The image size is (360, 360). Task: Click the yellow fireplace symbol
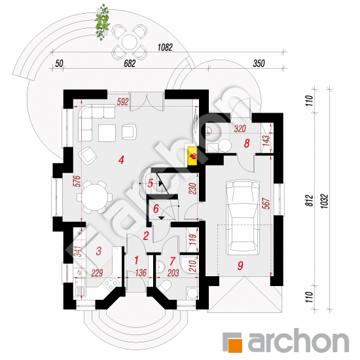192,156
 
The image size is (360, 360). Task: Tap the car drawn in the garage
243,217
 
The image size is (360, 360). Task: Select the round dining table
95,197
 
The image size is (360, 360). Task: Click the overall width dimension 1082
165,48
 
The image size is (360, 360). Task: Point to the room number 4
122,160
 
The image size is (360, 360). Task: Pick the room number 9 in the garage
240,265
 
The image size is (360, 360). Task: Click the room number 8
247,143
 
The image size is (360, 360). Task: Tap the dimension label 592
122,102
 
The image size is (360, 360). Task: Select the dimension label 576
78,181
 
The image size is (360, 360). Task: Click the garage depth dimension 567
266,204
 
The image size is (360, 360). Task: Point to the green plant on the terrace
102,22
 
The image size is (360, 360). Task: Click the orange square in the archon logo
236,346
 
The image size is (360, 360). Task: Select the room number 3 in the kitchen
99,251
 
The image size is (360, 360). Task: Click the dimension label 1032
325,202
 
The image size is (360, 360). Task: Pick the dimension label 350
259,63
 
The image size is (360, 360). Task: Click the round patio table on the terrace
130,42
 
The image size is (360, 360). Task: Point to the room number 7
172,261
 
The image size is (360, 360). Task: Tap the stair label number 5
151,183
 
